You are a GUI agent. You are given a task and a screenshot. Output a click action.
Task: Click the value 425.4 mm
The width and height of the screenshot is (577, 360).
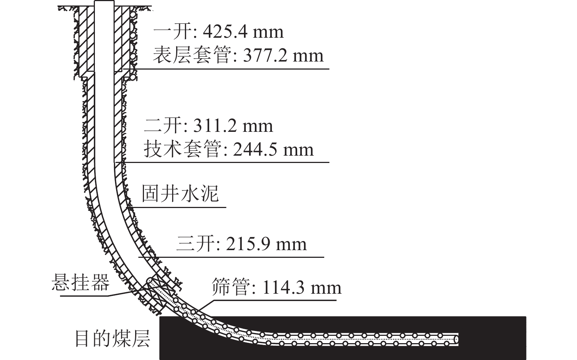click(243, 32)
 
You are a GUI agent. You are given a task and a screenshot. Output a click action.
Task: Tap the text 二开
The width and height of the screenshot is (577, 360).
click(163, 126)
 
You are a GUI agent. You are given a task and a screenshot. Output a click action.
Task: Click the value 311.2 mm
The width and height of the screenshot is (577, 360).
click(233, 126)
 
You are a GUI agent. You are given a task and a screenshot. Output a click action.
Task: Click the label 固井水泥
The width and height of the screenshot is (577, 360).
click(180, 193)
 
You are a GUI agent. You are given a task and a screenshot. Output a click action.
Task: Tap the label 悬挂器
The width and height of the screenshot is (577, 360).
click(81, 282)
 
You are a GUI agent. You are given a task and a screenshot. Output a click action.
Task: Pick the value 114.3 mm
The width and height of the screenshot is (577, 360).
click(302, 287)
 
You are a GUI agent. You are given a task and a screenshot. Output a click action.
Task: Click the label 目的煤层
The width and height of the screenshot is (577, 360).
click(112, 338)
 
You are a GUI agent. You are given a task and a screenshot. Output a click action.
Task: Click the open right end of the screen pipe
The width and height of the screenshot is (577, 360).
click(456, 339)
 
